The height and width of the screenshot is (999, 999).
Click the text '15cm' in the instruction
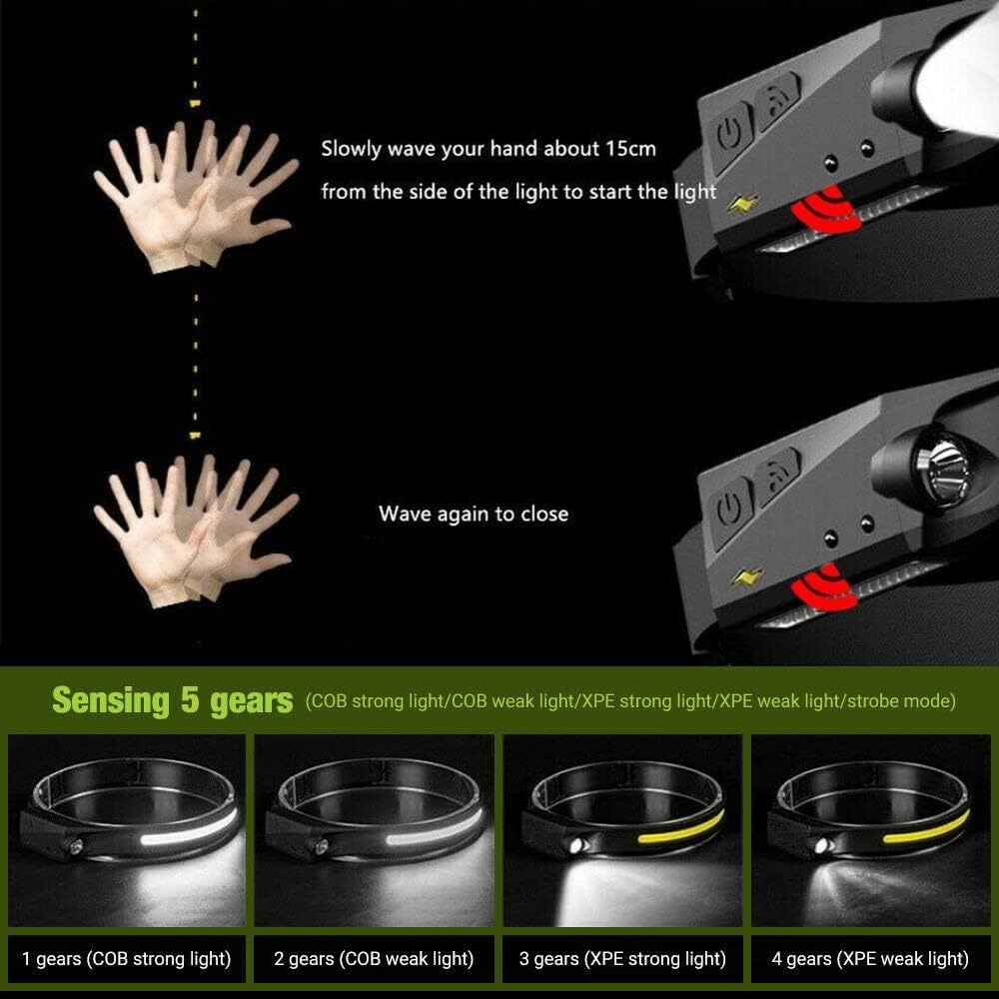pos(630,149)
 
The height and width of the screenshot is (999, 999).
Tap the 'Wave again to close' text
pos(473,514)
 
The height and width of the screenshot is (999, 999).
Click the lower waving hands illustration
pos(195,524)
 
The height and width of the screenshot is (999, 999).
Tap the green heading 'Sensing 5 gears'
pos(172,700)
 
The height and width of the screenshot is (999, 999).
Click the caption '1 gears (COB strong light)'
pos(126,959)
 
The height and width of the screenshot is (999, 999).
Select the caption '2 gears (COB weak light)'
pos(374,959)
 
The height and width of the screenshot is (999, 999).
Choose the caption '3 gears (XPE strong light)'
pos(622,959)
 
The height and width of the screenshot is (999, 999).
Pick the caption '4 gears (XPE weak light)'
pos(870,959)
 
